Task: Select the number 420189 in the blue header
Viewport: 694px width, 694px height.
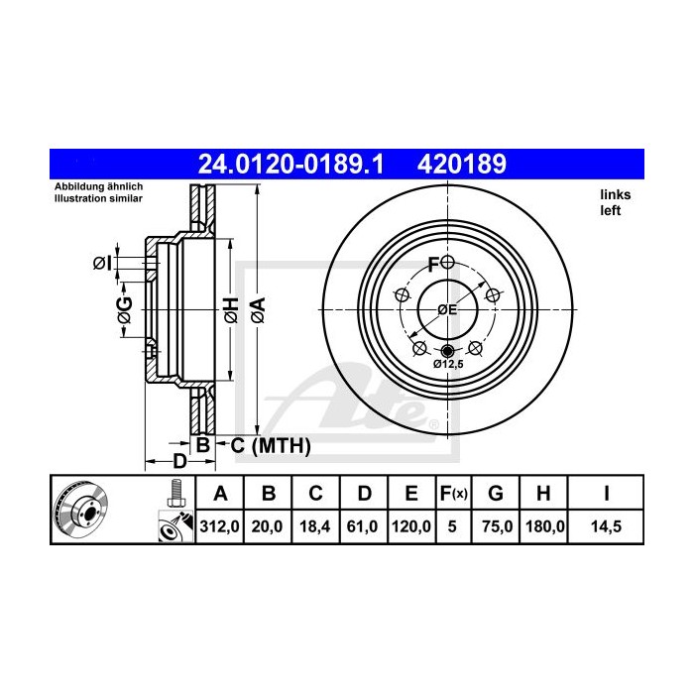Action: coord(466,163)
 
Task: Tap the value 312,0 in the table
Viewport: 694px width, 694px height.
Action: coord(221,527)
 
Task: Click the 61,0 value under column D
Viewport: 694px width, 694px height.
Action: coord(363,527)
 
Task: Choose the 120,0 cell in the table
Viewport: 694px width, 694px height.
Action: coord(410,527)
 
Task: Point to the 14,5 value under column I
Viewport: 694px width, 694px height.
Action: coord(605,527)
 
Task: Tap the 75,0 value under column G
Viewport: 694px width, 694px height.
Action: coord(500,527)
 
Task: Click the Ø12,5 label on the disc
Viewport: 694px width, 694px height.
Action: coord(448,364)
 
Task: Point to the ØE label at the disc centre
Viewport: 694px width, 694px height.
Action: coord(447,309)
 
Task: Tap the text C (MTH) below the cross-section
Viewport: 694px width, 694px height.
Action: coord(271,446)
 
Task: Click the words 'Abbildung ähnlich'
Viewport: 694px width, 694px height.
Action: coord(98,186)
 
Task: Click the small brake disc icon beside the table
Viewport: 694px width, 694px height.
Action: coord(80,511)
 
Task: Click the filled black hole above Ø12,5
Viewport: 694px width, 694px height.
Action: coord(447,351)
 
